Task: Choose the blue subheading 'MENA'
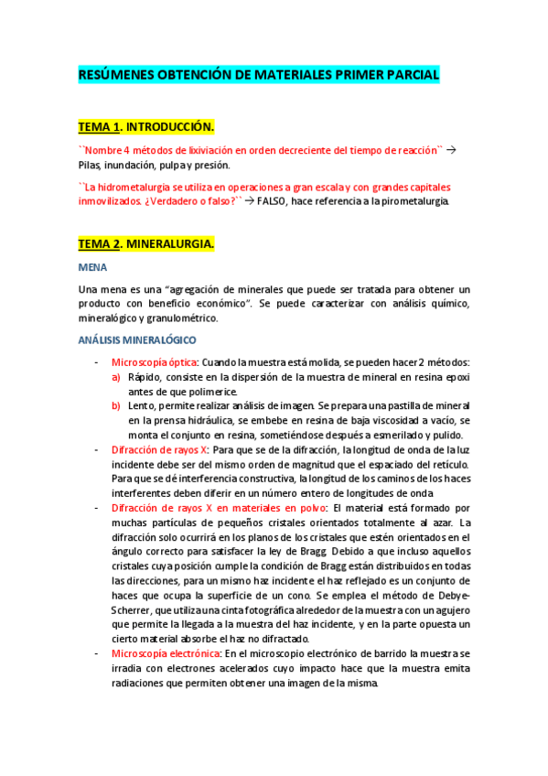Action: coord(92,267)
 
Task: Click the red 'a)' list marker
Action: coord(116,377)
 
